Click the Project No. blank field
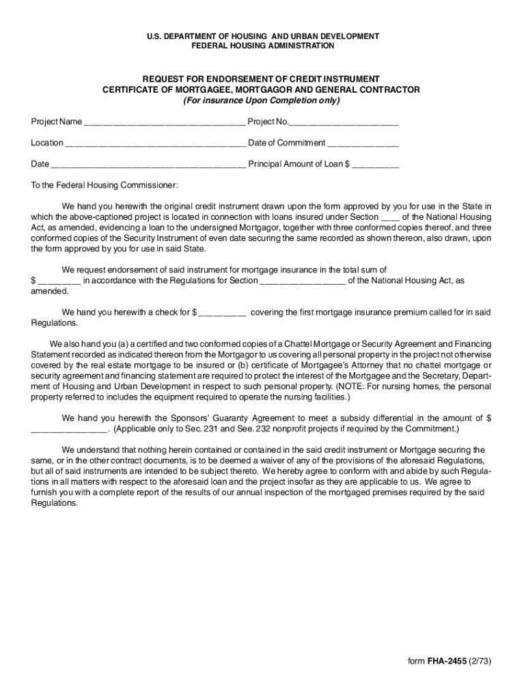coord(344,123)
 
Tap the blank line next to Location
coord(155,144)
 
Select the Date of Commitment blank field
coord(363,144)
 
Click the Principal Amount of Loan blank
coord(376,165)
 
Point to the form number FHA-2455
coord(447,661)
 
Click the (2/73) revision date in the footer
coord(480,661)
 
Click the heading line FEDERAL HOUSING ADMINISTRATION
coord(262,46)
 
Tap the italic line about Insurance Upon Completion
coord(261,100)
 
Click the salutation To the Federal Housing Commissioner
coord(105,186)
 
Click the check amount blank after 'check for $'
coord(223,313)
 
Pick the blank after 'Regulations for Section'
coord(303,281)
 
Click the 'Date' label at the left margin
coord(40,165)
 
